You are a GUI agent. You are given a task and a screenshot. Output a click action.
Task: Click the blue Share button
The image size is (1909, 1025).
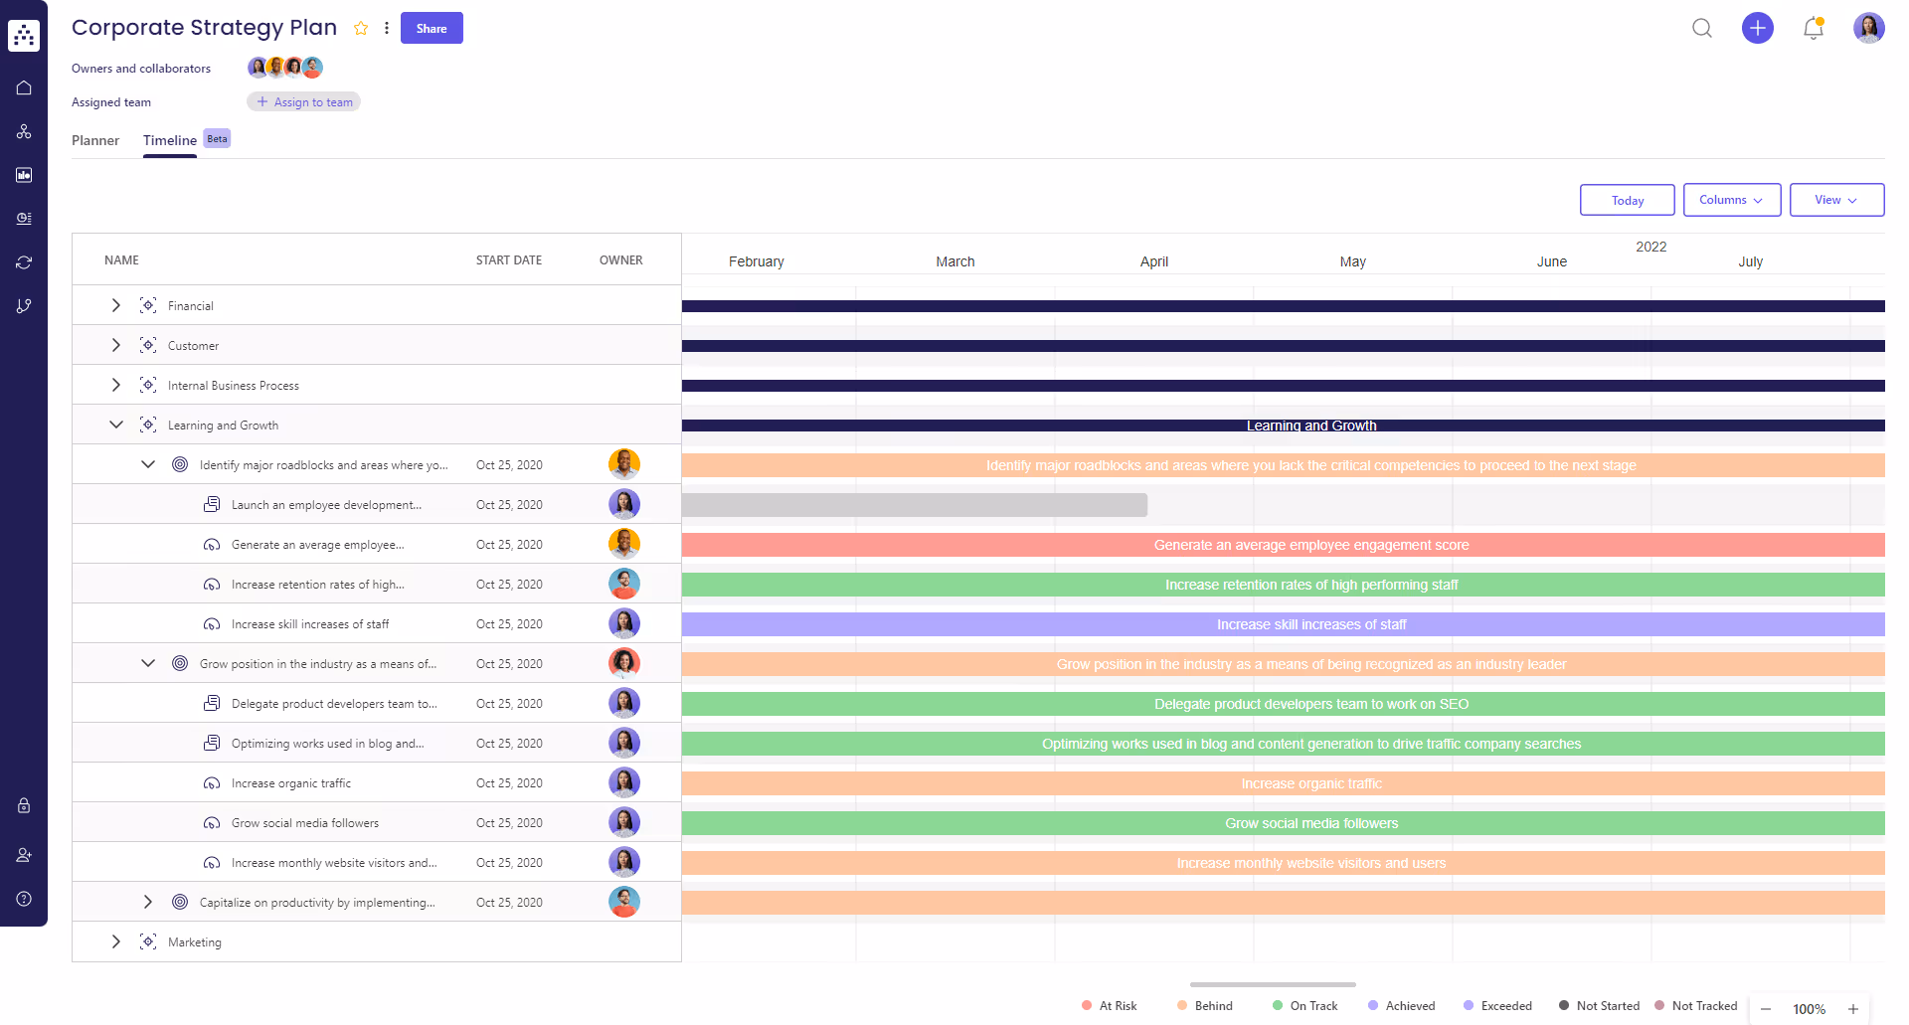(432, 28)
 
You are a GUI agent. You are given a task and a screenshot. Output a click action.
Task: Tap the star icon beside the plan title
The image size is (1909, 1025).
(361, 29)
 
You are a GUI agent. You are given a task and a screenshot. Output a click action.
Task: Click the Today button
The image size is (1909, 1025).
(1627, 200)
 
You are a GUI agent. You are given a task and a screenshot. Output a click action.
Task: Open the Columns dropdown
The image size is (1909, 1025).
(1731, 200)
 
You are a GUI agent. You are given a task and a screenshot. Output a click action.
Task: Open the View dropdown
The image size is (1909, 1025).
(1835, 200)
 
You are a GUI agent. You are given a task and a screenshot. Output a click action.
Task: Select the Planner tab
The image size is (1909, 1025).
(95, 140)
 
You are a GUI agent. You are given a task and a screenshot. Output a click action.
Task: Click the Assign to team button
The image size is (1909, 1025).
(304, 102)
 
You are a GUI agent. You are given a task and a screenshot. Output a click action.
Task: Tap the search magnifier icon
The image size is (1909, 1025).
(1702, 28)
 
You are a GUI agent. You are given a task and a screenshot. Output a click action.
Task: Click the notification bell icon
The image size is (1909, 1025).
(1813, 28)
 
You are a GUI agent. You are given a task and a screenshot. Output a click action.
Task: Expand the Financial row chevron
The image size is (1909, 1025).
(116, 305)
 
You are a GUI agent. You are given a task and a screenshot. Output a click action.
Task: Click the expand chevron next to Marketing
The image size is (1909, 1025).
(116, 941)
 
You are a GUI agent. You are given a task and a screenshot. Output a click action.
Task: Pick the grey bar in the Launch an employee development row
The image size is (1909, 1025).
(915, 505)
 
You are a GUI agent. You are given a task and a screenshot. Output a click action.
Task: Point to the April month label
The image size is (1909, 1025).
(1153, 261)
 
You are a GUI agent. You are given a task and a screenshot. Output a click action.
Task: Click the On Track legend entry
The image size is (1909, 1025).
(1312, 1006)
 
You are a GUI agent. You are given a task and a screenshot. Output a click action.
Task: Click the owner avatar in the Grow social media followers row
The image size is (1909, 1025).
(623, 822)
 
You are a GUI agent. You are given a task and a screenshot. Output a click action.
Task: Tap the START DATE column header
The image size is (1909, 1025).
(508, 260)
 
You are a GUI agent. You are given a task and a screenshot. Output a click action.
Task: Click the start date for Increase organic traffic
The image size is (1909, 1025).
(509, 783)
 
